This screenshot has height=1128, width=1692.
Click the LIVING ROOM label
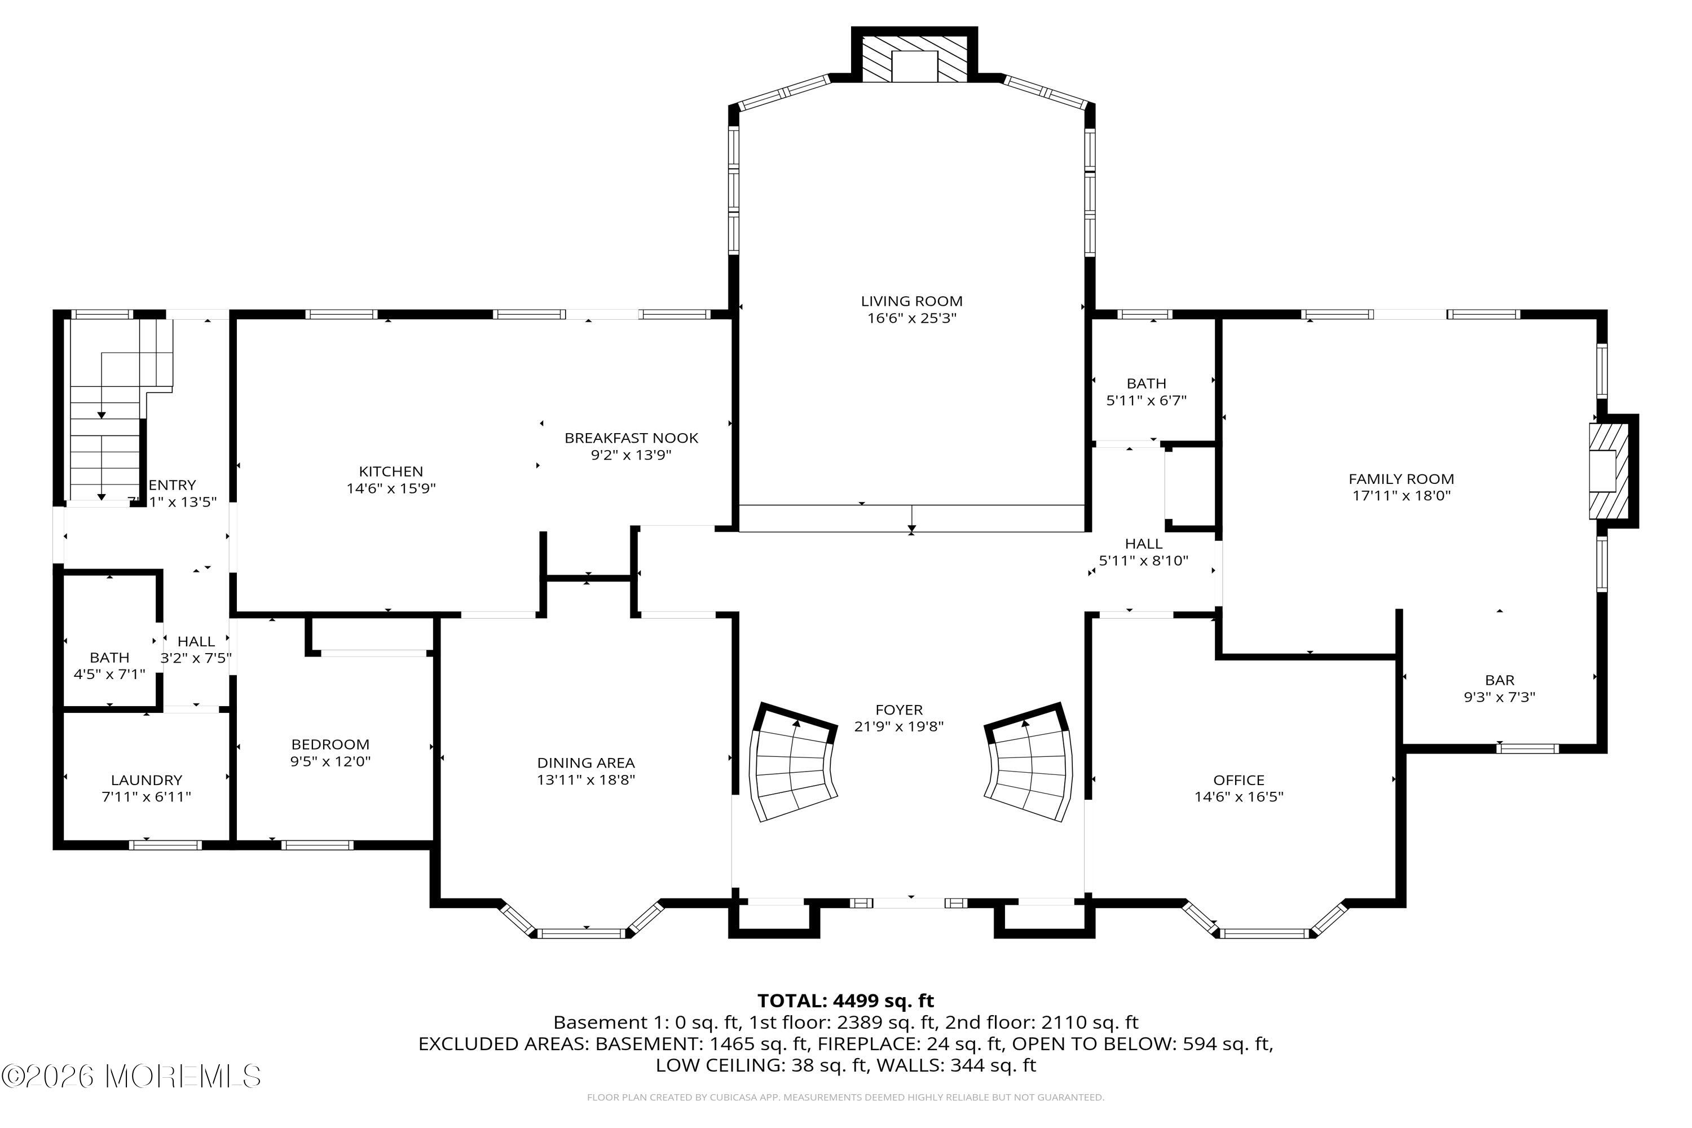[x=911, y=301]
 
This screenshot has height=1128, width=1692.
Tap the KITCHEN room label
[x=391, y=471]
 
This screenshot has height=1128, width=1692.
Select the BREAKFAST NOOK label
[x=631, y=438]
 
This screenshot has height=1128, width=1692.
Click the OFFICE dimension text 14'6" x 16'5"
[x=1239, y=797]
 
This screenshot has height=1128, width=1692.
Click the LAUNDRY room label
[x=147, y=780]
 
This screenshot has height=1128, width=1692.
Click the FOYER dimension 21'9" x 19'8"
[x=898, y=726]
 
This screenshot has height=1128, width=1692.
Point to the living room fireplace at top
[x=914, y=55]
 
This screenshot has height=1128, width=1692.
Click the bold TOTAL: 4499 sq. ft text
[x=845, y=1001]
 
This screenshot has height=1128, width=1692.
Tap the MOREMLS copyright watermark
[x=131, y=1077]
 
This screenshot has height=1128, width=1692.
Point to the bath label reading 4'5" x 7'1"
[x=109, y=675]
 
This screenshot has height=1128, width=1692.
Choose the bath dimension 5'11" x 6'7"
[x=1146, y=400]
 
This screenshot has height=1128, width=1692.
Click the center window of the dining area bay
[x=582, y=934]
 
